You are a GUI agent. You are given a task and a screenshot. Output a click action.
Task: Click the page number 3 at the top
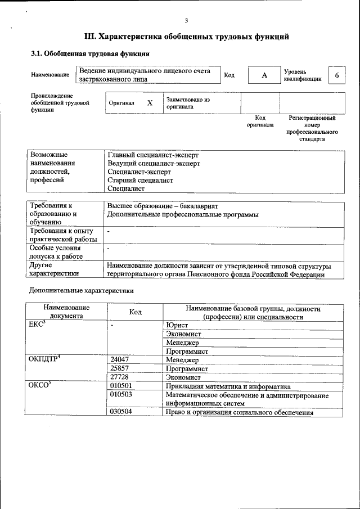click(x=186, y=21)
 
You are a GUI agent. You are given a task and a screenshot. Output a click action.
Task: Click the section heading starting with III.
click(x=186, y=37)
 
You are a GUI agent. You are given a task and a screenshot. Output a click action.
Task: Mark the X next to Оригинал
click(x=150, y=103)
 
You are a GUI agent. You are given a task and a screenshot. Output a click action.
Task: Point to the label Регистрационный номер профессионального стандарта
click(x=312, y=128)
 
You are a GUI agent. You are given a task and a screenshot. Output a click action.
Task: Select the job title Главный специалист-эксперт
click(x=152, y=155)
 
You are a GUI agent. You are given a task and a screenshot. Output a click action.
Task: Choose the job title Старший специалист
click(x=140, y=181)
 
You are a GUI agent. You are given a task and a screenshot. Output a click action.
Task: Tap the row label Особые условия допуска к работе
click(x=56, y=252)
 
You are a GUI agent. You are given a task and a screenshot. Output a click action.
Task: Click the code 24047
click(x=120, y=360)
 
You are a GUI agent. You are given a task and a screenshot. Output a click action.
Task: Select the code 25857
click(x=120, y=369)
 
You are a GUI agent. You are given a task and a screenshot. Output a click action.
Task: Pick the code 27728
click(x=120, y=377)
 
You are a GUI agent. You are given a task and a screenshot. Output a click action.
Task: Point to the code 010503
click(x=121, y=395)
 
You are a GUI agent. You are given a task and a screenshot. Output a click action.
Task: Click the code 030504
click(x=121, y=413)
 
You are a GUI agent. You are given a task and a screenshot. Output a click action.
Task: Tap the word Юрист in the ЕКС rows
click(x=177, y=325)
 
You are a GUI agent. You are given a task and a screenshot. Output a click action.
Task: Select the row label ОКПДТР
click(x=44, y=359)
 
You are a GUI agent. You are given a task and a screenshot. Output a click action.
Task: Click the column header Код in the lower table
click(x=135, y=312)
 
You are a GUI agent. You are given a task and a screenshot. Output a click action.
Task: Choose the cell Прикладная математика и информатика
click(x=228, y=386)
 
